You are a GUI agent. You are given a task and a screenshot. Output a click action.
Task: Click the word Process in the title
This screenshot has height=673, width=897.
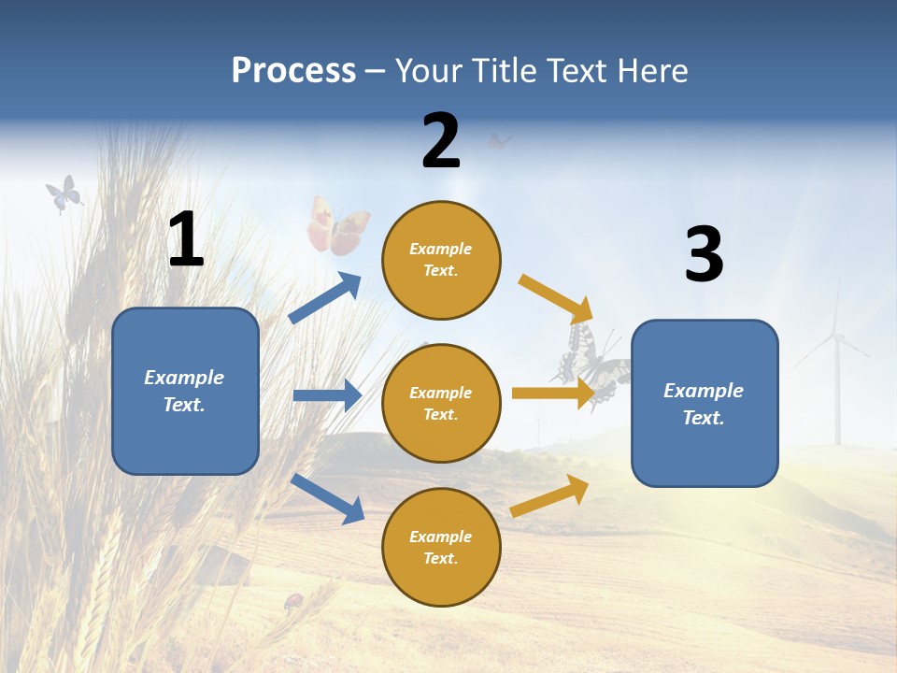coord(293,71)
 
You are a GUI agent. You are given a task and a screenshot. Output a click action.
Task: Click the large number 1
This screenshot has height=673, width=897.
coord(186,239)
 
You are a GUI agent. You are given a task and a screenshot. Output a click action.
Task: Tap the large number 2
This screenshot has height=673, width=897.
coord(441,141)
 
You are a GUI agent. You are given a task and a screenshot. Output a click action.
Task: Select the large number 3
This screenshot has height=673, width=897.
coord(704,254)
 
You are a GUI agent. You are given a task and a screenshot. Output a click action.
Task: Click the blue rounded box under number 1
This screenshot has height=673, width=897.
coord(185,391)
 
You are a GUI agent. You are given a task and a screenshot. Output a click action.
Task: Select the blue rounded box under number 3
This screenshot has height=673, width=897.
coord(705,404)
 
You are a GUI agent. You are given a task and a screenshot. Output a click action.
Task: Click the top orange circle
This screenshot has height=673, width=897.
coord(441,260)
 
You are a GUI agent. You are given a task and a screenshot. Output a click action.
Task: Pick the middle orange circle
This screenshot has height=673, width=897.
coord(441,404)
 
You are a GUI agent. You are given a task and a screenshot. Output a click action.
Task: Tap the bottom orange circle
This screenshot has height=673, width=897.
coord(441,547)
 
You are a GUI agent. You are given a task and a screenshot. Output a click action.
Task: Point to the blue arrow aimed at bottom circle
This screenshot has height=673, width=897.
coord(327,497)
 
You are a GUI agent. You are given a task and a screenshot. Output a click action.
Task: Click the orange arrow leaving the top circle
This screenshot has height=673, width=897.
coord(556,299)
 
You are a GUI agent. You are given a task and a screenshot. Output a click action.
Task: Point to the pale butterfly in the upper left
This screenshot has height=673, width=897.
coord(64,193)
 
